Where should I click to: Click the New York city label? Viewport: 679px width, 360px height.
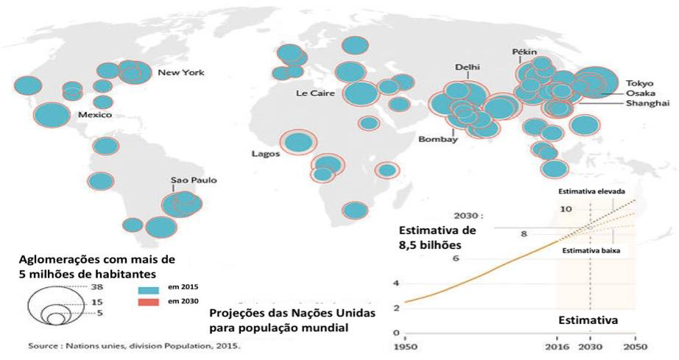181,73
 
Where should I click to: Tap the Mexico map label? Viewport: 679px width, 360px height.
95,116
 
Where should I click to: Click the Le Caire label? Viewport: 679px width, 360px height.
312,93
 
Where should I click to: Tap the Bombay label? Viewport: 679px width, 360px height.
438,139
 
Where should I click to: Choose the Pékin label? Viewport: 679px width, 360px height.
525,52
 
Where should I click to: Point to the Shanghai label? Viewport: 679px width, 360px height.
647,104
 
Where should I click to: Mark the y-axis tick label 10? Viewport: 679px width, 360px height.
566,210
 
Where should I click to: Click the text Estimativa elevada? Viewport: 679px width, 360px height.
592,191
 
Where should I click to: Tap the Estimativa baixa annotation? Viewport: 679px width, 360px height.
591,251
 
